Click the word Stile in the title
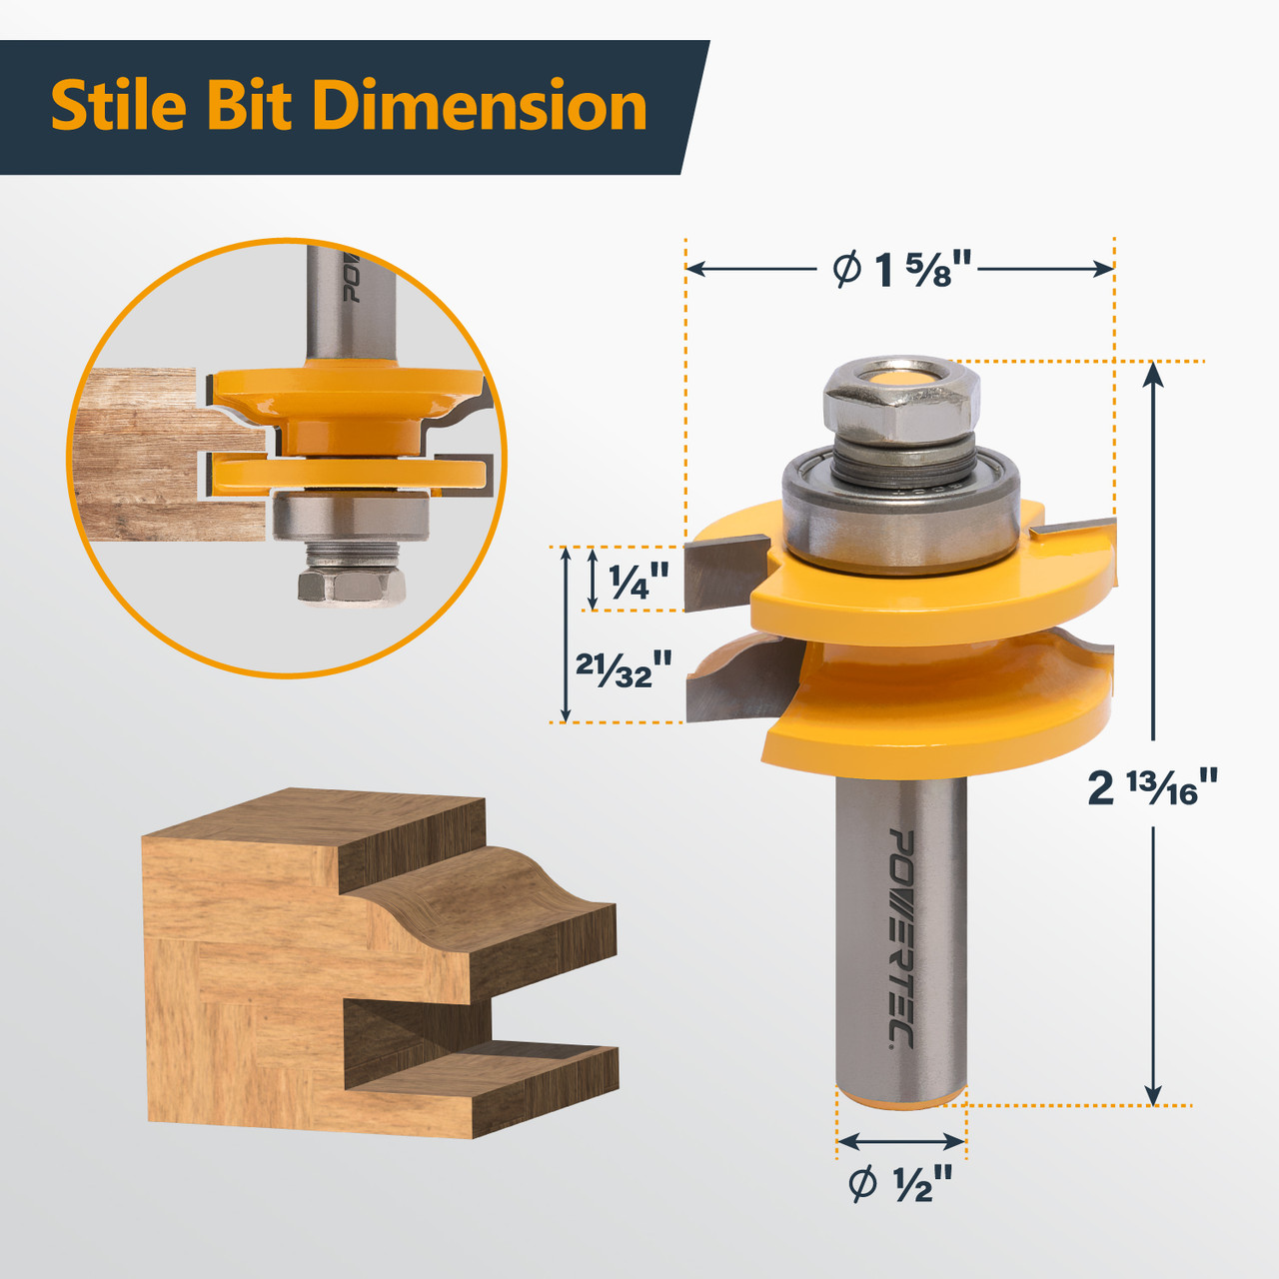[x=118, y=106]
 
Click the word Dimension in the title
[x=480, y=106]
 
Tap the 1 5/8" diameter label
[x=902, y=269]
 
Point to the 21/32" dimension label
[x=622, y=668]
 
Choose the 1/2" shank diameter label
[x=900, y=1184]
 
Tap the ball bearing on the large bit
[x=899, y=510]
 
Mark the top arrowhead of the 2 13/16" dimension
[x=1153, y=372]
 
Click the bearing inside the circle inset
[x=350, y=518]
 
